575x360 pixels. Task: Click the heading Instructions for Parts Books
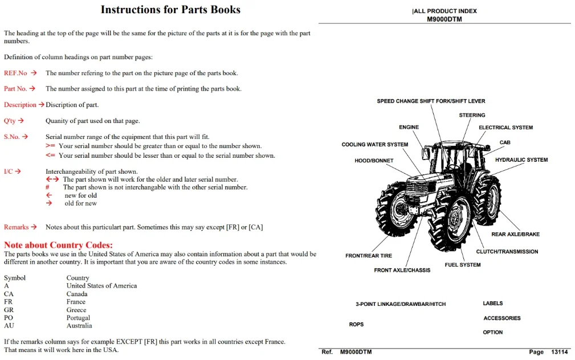pyautogui.click(x=170, y=10)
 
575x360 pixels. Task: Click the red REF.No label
pyautogui.click(x=15, y=73)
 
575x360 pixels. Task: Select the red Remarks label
pyautogui.click(x=16, y=227)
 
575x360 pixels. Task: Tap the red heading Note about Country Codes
pyautogui.click(x=58, y=245)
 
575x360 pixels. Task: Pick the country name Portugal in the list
pyautogui.click(x=78, y=317)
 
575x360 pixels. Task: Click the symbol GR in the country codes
pyautogui.click(x=9, y=310)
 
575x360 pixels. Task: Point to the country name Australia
pyautogui.click(x=79, y=326)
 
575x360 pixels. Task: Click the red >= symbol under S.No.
pyautogui.click(x=50, y=146)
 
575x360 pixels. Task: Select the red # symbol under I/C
pyautogui.click(x=47, y=187)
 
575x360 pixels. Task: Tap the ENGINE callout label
pyautogui.click(x=409, y=127)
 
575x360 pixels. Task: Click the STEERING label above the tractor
pyautogui.click(x=472, y=115)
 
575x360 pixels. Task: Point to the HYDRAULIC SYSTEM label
pyautogui.click(x=521, y=160)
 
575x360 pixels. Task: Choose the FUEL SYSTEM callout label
pyautogui.click(x=463, y=265)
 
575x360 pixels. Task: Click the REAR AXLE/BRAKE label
pyautogui.click(x=516, y=234)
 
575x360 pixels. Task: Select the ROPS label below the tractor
pyautogui.click(x=356, y=325)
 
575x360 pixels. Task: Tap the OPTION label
pyautogui.click(x=493, y=332)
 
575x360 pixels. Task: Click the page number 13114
pyautogui.click(x=560, y=352)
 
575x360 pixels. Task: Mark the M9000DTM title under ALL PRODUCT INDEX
pyautogui.click(x=444, y=19)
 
